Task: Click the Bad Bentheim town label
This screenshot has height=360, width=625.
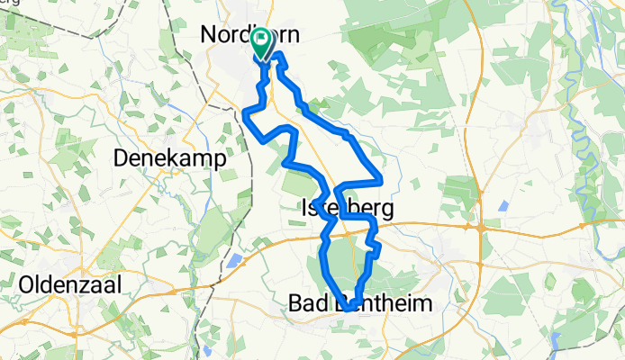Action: pyautogui.click(x=359, y=304)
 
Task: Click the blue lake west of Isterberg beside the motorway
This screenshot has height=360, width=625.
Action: pyautogui.click(x=235, y=261)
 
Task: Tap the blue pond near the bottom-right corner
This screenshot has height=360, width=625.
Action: pyautogui.click(x=557, y=341)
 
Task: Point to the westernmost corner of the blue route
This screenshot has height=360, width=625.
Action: pyautogui.click(x=246, y=111)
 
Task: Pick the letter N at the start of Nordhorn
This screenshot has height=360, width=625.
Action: pyautogui.click(x=208, y=35)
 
